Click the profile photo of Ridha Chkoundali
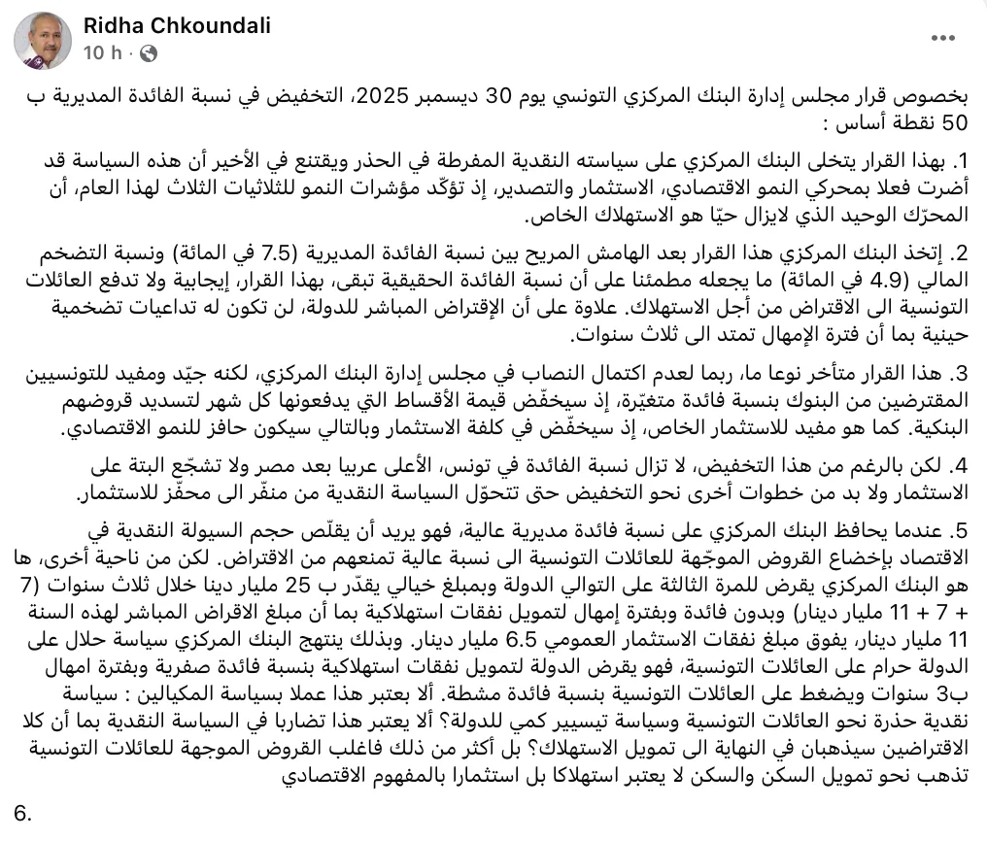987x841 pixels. click(43, 40)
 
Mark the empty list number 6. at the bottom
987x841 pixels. click(23, 813)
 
